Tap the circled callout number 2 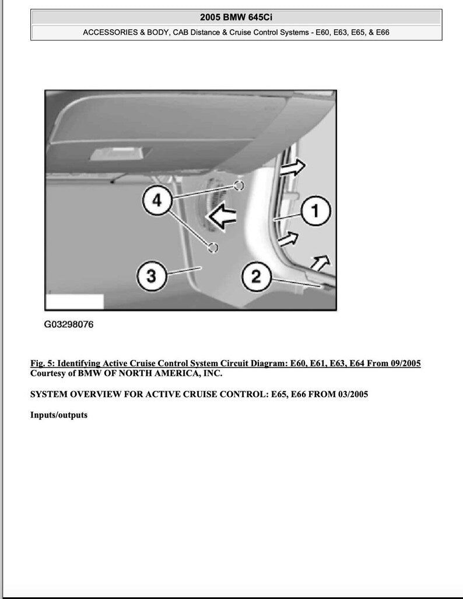pos(255,276)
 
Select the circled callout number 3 pos(151,276)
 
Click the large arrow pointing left pos(222,217)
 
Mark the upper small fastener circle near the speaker pos(238,185)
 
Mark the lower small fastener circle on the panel pos(213,248)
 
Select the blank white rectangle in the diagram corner pos(75,302)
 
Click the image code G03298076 pos(68,325)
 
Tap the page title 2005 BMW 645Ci pos(236,17)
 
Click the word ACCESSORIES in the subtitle pos(110,33)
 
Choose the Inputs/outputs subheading pos(58,415)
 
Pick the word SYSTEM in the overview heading pos(48,394)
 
